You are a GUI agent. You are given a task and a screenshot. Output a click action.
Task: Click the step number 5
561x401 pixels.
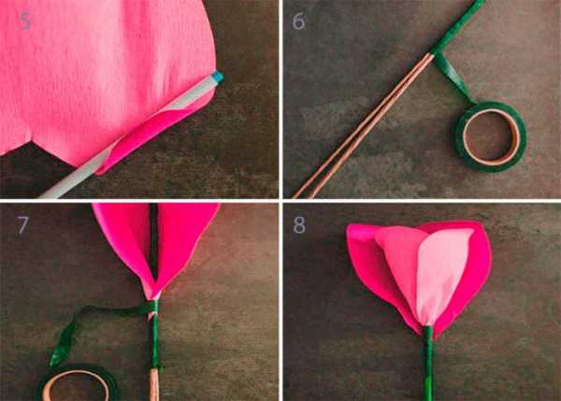24,21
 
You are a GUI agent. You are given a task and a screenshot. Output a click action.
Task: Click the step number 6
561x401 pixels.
298,21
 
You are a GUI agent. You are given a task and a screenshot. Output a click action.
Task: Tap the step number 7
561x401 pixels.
23,224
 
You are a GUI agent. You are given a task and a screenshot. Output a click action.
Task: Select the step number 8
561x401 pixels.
299,225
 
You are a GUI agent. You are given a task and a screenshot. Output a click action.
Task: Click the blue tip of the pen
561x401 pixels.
218,78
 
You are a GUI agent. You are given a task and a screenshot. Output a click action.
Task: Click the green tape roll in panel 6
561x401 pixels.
491,136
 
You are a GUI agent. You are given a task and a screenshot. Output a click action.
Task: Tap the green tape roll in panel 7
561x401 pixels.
77,382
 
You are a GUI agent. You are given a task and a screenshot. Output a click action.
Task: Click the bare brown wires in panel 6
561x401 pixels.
361,125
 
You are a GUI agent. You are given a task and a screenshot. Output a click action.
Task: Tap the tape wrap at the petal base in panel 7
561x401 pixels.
154,307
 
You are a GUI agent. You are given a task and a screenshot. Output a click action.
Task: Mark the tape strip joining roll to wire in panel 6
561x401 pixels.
453,77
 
